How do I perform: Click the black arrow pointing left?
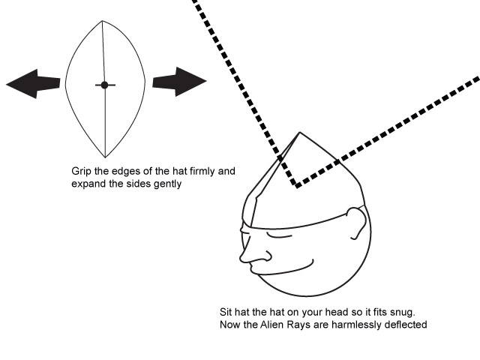coord(33,83)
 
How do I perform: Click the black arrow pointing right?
coord(180,82)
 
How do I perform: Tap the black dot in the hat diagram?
coord(105,85)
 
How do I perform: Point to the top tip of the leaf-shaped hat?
coord(102,21)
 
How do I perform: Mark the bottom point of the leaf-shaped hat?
coord(105,157)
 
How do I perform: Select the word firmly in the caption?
coord(202,171)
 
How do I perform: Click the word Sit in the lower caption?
coord(226,312)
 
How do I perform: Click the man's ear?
coord(357,223)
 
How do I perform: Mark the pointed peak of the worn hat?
coord(300,133)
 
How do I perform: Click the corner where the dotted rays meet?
coord(296,184)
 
